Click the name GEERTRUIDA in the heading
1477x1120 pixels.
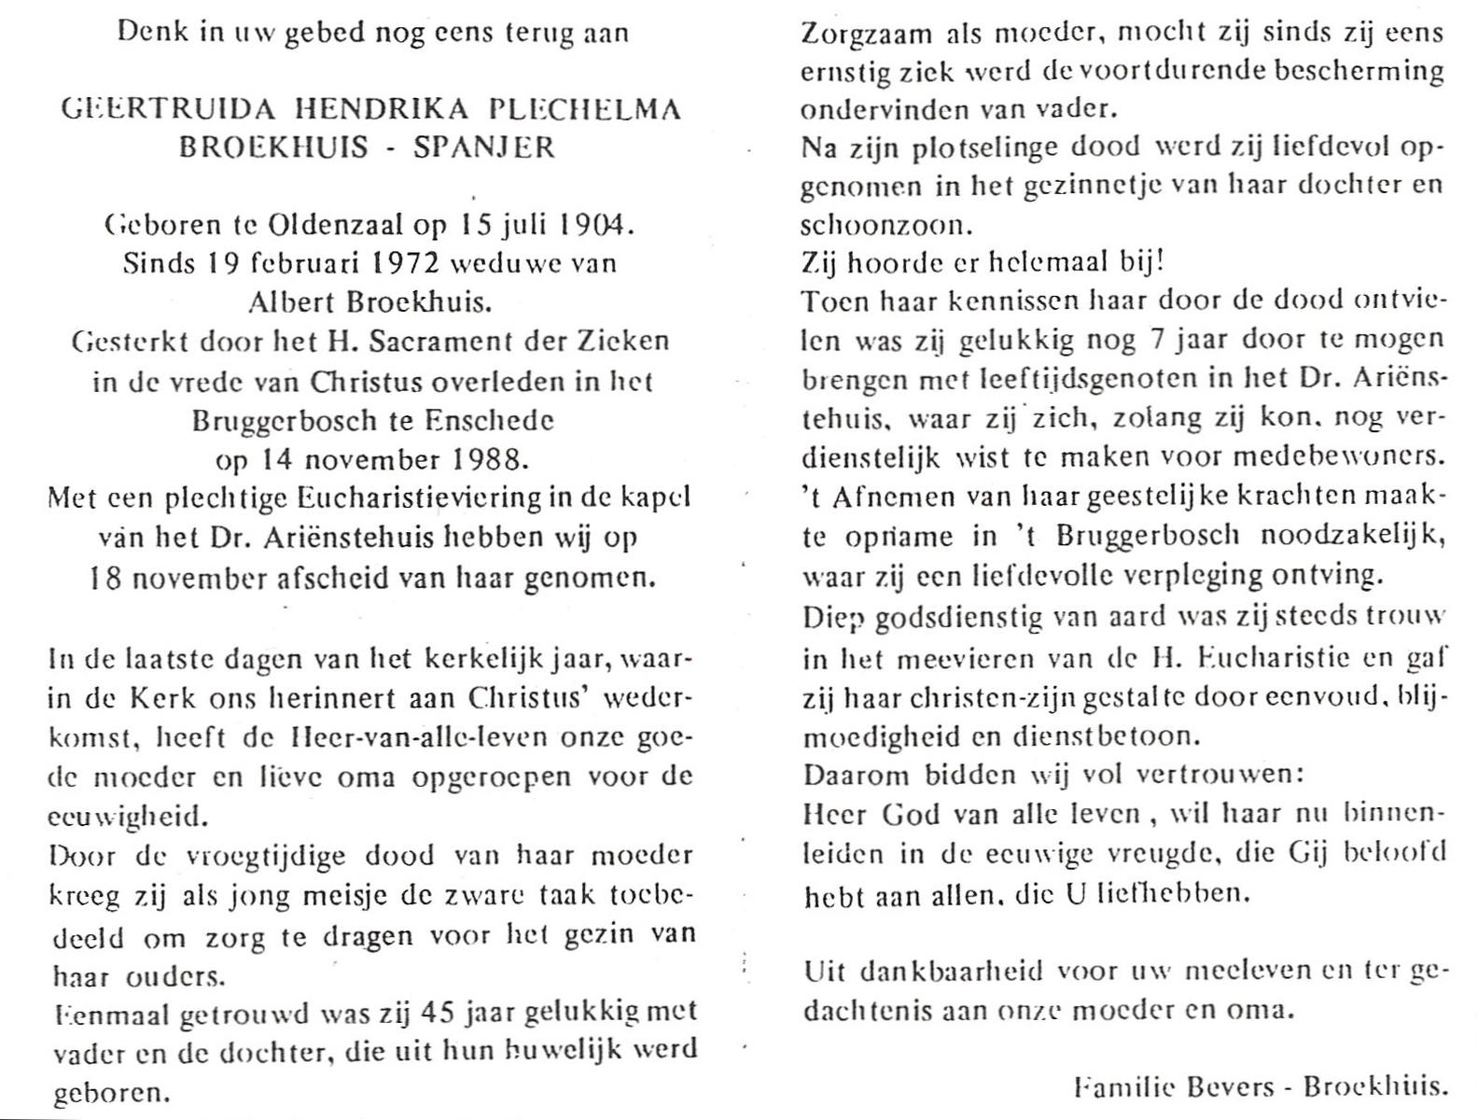(x=166, y=109)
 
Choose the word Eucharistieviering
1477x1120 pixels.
(x=408, y=498)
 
